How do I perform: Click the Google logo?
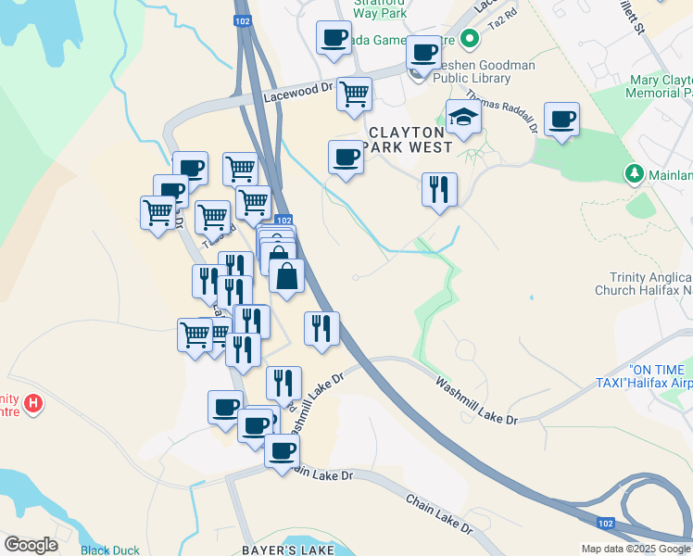(x=31, y=545)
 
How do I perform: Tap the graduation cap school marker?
(x=463, y=119)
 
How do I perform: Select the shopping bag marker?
(x=286, y=275)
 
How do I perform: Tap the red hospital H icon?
(x=33, y=404)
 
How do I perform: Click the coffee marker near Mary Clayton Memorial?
(x=561, y=120)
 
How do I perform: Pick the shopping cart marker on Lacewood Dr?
(x=354, y=94)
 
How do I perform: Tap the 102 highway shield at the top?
(x=243, y=19)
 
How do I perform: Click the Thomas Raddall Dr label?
(x=501, y=110)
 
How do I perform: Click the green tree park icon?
(x=635, y=173)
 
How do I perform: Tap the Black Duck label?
(x=109, y=550)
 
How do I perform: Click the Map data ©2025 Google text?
(x=636, y=549)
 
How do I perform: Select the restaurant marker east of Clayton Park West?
(x=439, y=190)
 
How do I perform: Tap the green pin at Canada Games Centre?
(x=470, y=39)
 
